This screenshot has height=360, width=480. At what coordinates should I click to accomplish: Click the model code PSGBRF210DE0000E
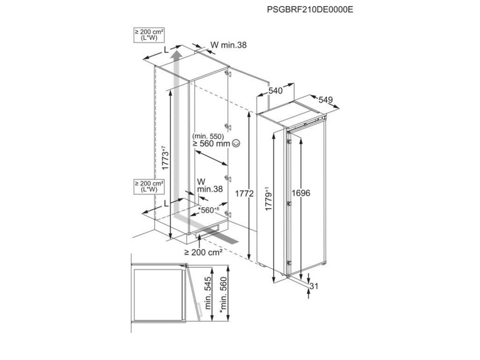point(310,10)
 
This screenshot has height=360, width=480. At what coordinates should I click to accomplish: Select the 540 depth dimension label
point(275,91)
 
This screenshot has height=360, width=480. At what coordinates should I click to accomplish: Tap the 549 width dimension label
point(325,100)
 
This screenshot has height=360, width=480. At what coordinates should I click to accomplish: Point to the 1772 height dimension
point(244,193)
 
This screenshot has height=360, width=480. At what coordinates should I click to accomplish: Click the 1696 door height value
point(301,193)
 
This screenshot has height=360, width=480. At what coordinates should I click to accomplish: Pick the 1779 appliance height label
point(268,199)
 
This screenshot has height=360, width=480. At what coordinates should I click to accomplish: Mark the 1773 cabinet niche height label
point(165,158)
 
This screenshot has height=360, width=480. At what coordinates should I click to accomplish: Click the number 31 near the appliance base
point(314,286)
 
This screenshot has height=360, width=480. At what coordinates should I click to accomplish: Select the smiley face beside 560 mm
point(236,143)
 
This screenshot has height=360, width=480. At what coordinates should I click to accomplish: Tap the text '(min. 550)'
point(208,136)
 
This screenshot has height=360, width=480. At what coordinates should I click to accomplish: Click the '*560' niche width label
point(209,210)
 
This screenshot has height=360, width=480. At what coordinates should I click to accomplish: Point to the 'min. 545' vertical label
point(208,293)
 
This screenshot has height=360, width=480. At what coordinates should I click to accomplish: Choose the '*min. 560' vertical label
point(224,295)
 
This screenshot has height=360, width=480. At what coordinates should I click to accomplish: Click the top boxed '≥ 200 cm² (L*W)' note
point(149,35)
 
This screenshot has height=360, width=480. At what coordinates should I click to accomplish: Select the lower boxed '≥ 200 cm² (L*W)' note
point(149,187)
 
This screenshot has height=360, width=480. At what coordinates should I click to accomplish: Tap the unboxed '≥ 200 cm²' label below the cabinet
point(203,252)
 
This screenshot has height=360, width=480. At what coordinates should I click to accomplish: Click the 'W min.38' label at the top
point(229,45)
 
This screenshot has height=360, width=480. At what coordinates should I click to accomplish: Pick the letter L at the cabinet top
point(166,50)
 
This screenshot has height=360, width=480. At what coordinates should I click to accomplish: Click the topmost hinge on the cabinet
point(226,73)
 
